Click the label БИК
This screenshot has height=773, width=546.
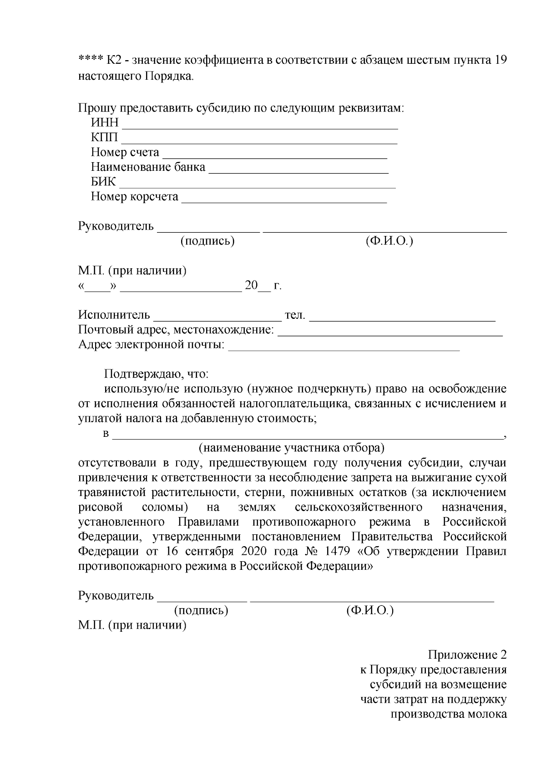pyautogui.click(x=103, y=182)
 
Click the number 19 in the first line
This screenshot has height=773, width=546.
pyautogui.click(x=500, y=61)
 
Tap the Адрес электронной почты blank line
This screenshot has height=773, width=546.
pyautogui.click(x=344, y=348)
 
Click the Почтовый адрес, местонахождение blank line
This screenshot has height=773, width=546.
pyautogui.click(x=390, y=333)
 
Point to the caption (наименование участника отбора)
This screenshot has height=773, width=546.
pyautogui.click(x=292, y=448)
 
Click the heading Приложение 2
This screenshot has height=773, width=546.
pyautogui.click(x=467, y=655)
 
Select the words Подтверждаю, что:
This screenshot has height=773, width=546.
pyautogui.click(x=156, y=374)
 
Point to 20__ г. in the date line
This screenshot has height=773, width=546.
pyautogui.click(x=263, y=286)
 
